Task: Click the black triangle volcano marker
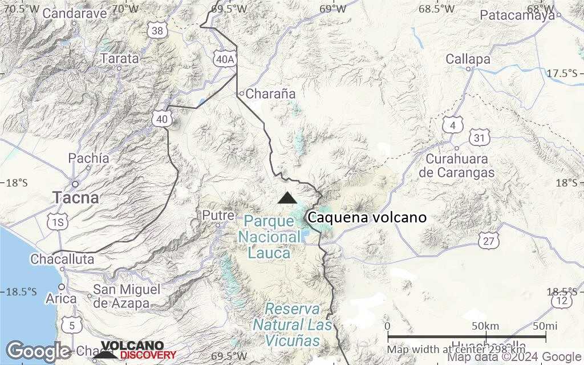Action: click(x=287, y=197)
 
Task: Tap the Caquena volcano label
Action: click(x=366, y=217)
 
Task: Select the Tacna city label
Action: click(x=76, y=198)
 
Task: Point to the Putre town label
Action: click(x=218, y=216)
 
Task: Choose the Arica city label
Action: click(x=62, y=299)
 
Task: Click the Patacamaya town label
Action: click(x=517, y=15)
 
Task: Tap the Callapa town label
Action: click(x=468, y=59)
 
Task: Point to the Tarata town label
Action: click(x=120, y=58)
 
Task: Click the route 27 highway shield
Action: click(x=489, y=241)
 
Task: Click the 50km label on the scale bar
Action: click(x=485, y=326)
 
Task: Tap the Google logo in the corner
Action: click(x=38, y=351)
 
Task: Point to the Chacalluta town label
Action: click(x=62, y=259)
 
